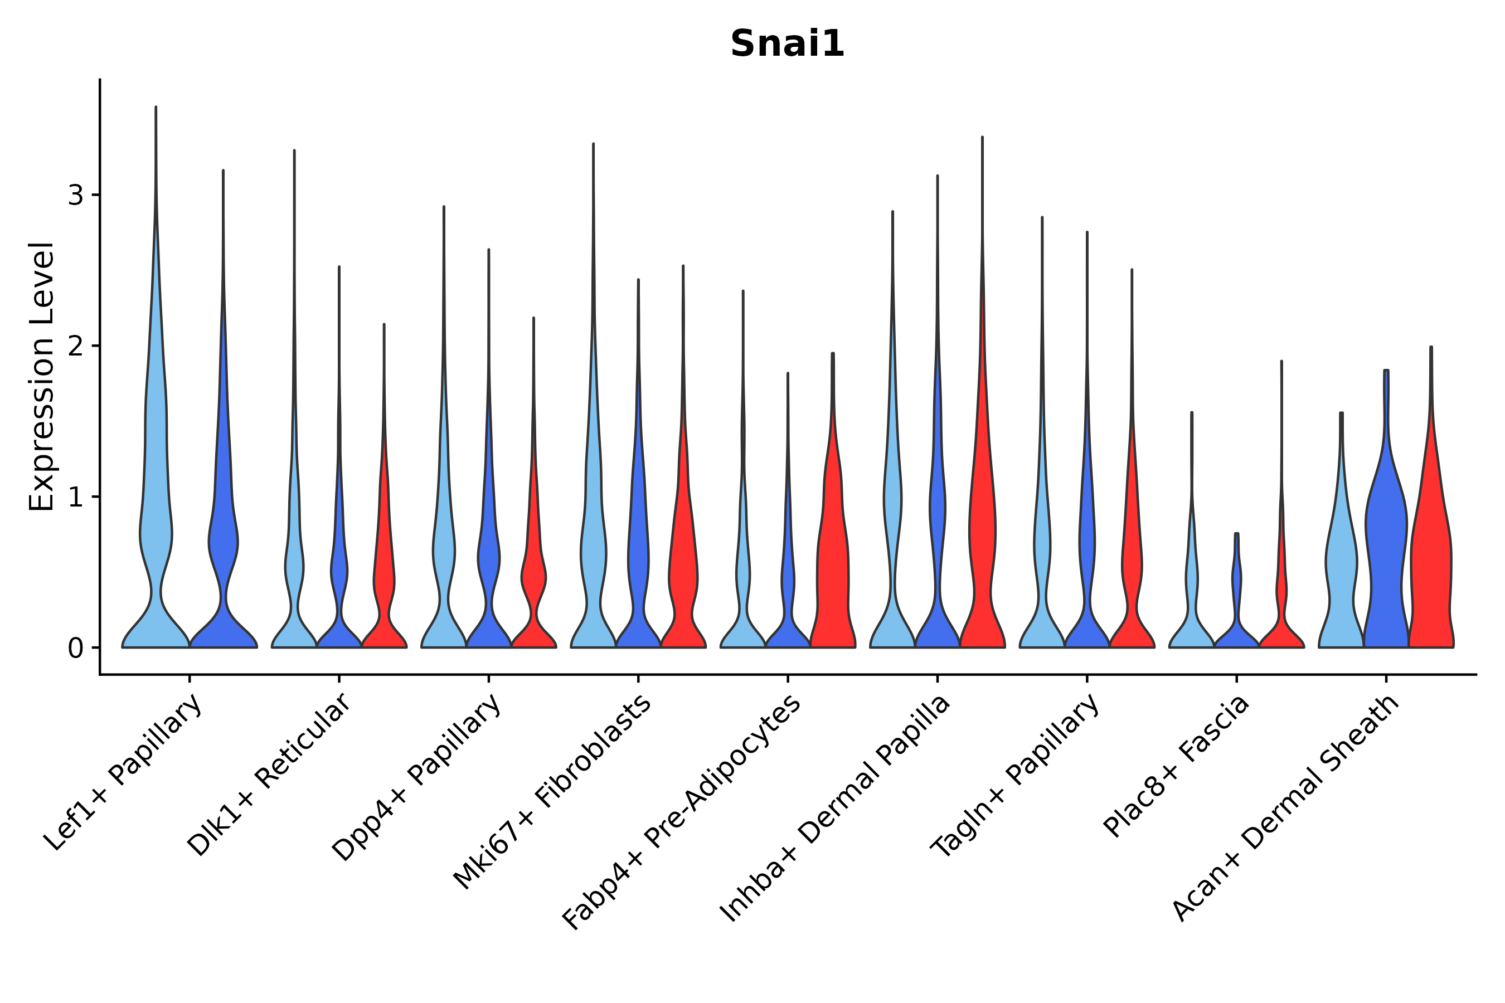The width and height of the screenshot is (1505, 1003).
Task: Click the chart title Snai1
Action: (787, 43)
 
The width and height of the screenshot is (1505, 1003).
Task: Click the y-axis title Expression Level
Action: (42, 376)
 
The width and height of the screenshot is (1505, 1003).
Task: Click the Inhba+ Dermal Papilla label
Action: (836, 809)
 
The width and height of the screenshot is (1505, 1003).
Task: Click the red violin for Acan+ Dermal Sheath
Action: (1431, 563)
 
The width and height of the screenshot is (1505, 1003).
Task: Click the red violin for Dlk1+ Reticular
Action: (384, 576)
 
